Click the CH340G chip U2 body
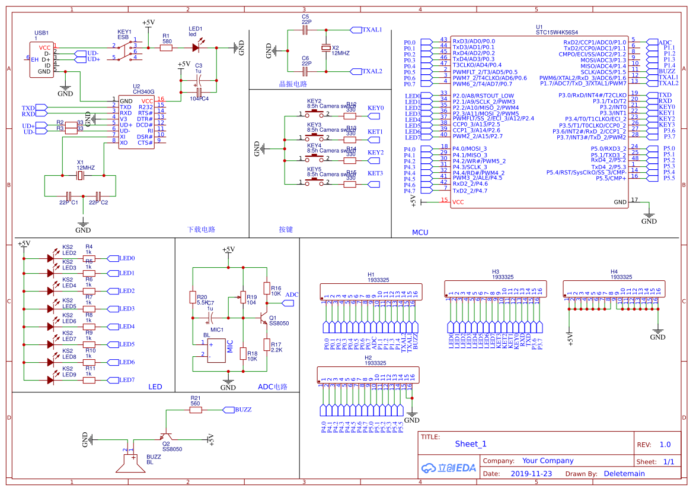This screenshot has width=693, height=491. click(x=137, y=122)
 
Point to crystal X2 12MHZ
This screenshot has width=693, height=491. click(x=325, y=50)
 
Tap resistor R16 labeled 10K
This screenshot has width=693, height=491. click(x=267, y=290)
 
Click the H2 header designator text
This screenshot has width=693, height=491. click(x=368, y=358)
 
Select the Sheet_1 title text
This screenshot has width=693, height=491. click(x=470, y=444)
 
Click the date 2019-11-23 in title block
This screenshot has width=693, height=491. click(x=531, y=474)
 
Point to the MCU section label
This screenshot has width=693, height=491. click(x=420, y=232)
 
